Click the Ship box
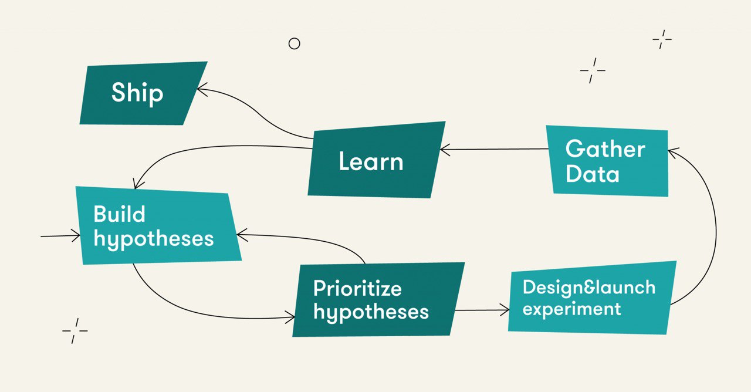coord(144,93)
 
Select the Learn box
coord(377,160)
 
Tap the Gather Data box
coord(607,161)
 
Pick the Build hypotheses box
coord(158,226)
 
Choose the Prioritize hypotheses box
coord(378,299)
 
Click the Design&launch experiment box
coord(592,298)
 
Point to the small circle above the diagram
coord(295,43)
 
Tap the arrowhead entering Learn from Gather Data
coord(445,150)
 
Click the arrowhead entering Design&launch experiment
coord(505,310)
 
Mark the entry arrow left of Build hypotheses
coord(60,236)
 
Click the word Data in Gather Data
coord(593,174)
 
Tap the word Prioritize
coord(357,288)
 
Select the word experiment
coord(571,309)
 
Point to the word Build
coord(119,214)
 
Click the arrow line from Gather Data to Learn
coord(494,149)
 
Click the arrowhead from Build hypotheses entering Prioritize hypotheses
coord(290,317)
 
